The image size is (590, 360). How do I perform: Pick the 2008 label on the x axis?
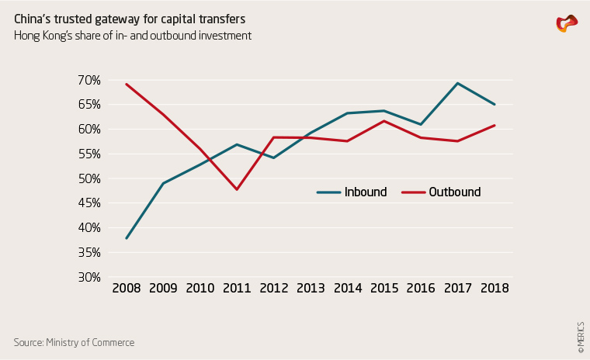point(126,288)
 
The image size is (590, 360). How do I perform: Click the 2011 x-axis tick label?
point(237,288)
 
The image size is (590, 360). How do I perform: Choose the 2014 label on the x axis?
point(347,288)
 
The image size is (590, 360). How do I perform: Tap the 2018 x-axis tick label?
point(495,288)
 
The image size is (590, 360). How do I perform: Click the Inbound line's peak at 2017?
point(458,83)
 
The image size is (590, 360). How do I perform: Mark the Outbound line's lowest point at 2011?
point(237,189)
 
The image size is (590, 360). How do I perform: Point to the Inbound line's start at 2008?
point(126,238)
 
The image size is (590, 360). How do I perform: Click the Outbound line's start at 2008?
point(126,85)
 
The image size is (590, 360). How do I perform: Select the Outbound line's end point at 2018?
point(495,125)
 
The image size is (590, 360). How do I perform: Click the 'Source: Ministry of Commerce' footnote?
point(74,342)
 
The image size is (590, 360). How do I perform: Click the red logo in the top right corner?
point(567,24)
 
